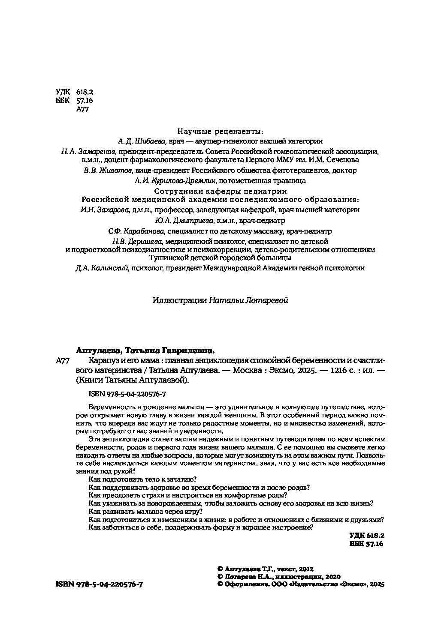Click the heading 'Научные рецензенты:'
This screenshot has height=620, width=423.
pos(220,131)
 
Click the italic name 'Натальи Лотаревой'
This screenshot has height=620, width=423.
pos(248,300)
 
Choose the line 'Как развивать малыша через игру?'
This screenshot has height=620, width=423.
pos(145,512)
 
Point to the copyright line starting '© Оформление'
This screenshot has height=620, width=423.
pos(301,584)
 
